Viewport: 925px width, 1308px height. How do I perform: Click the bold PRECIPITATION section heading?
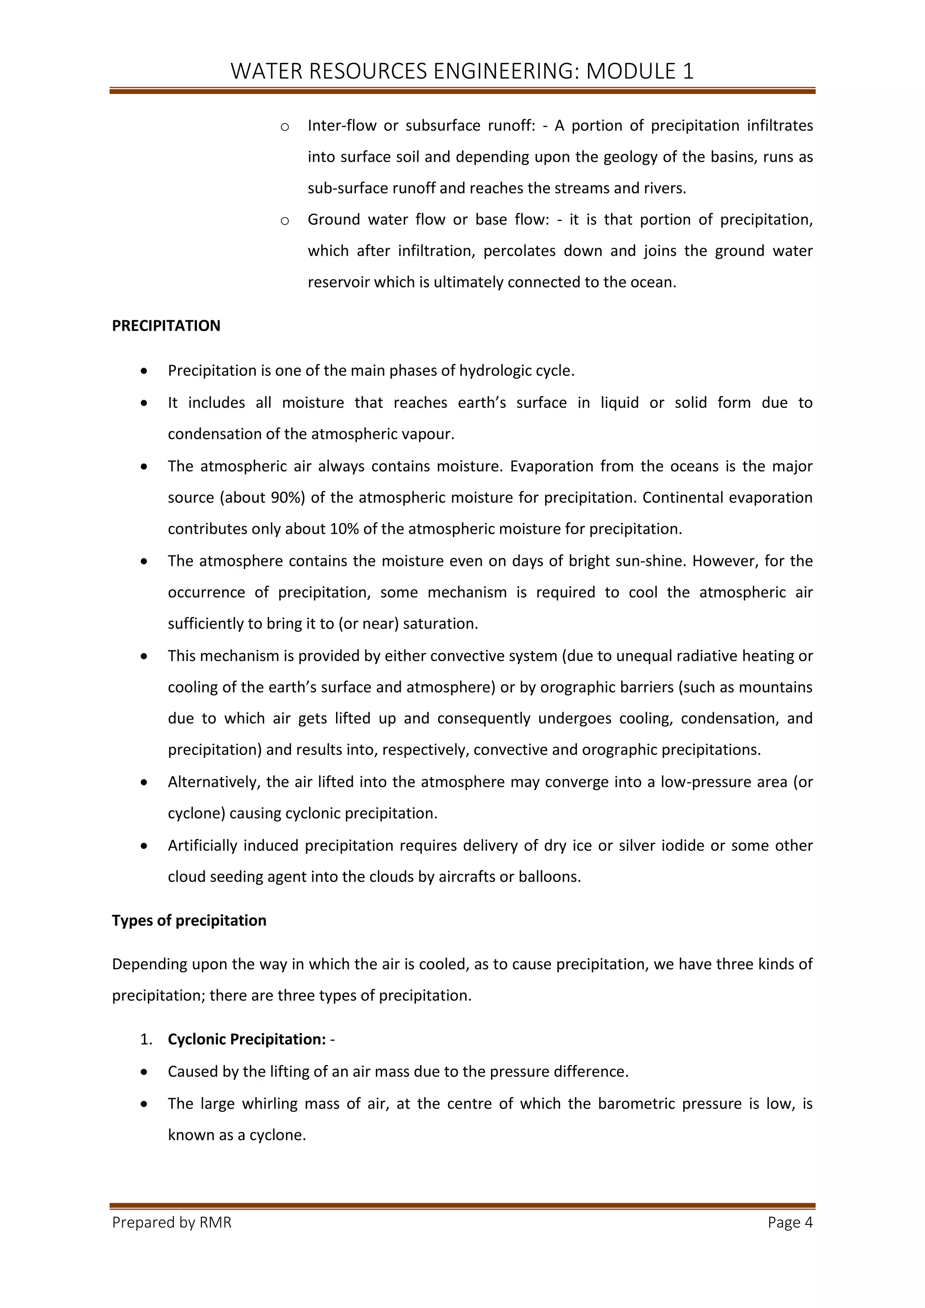click(x=166, y=326)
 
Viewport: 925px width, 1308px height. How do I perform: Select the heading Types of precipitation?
click(x=189, y=920)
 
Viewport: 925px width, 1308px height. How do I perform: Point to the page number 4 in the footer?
click(x=808, y=1234)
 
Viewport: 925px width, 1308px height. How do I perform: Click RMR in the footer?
click(x=216, y=1234)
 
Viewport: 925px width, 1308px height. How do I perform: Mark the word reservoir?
click(x=338, y=283)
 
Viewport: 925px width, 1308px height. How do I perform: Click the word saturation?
click(x=440, y=624)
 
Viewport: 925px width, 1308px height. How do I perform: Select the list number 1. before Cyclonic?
click(x=146, y=1040)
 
